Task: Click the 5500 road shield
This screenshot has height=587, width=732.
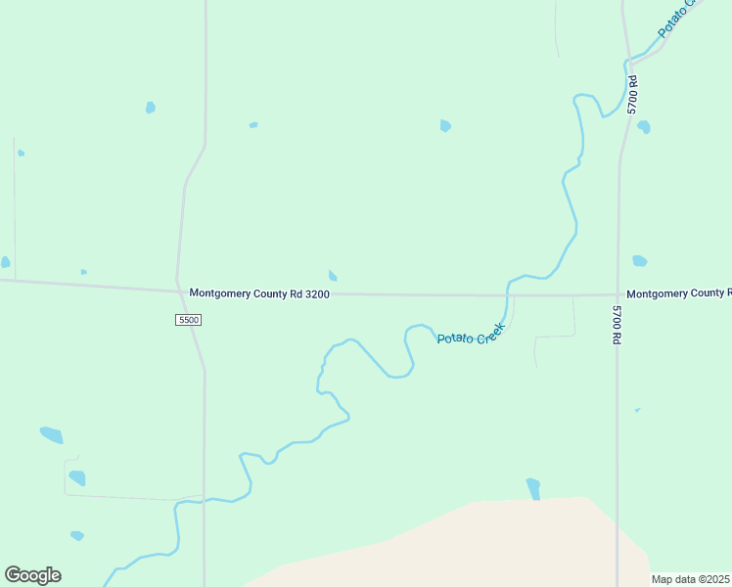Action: (189, 320)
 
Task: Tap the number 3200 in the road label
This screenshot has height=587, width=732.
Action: (317, 293)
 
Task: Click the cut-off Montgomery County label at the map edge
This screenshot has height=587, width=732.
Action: (678, 293)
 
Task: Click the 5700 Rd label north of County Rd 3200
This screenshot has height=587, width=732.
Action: (633, 94)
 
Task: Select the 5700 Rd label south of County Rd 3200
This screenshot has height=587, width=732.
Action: (617, 325)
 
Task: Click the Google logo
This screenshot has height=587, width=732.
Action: (32, 575)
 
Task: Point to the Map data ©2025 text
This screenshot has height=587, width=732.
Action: (690, 579)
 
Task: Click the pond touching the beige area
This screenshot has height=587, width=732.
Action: (533, 488)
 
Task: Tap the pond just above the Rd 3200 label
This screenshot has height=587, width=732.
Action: (333, 276)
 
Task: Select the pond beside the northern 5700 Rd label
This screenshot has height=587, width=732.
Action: (643, 127)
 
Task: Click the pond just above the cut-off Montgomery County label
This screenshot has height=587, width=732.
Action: (639, 261)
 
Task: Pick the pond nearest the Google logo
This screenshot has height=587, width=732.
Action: (76, 535)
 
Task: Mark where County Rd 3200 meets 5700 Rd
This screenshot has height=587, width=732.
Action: (618, 293)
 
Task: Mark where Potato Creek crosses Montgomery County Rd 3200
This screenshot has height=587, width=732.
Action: (508, 294)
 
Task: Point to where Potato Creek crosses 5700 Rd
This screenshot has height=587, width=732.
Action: (627, 61)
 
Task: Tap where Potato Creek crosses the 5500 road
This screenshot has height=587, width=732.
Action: (204, 501)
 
